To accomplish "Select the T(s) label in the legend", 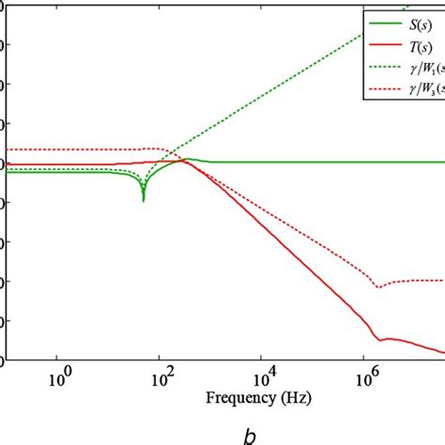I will click(420, 44).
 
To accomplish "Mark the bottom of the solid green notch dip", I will click(143, 200).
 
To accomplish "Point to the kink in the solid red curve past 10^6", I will click(376, 339).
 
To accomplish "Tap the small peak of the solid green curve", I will click(188, 159).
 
